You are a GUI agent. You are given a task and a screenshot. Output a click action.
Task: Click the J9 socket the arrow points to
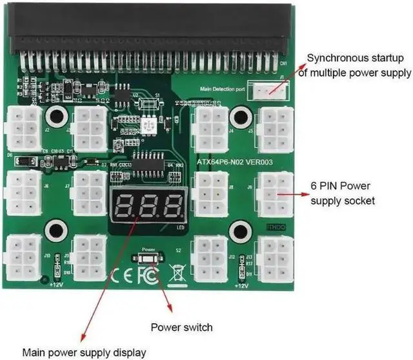coord(275,194)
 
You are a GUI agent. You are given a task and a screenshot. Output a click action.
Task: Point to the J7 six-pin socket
coord(90,192)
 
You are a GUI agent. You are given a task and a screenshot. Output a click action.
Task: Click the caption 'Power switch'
coord(181,327)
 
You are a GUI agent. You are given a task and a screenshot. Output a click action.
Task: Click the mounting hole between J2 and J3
coord(55,117)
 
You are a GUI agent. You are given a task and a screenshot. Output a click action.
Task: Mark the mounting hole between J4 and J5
coord(241,117)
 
